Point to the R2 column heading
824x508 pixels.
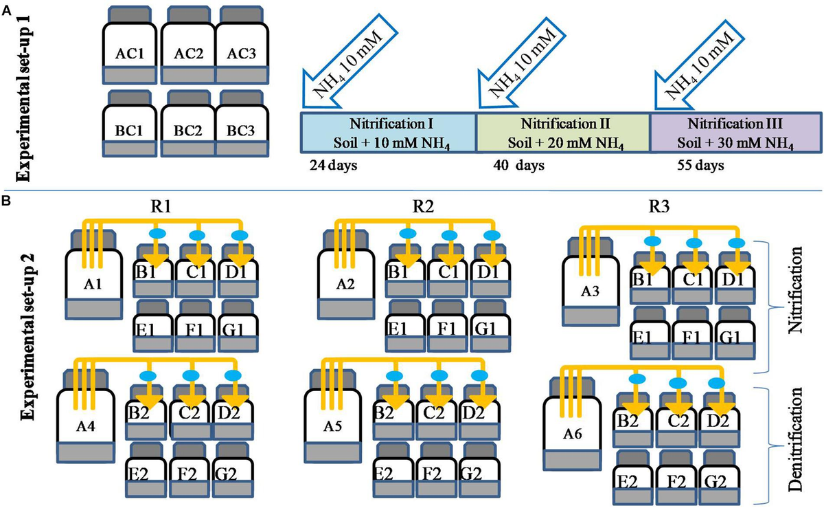[x=413, y=206]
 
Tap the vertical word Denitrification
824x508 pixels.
[x=799, y=438]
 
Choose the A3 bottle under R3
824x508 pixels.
[x=588, y=291]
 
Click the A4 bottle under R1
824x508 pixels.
[x=86, y=417]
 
